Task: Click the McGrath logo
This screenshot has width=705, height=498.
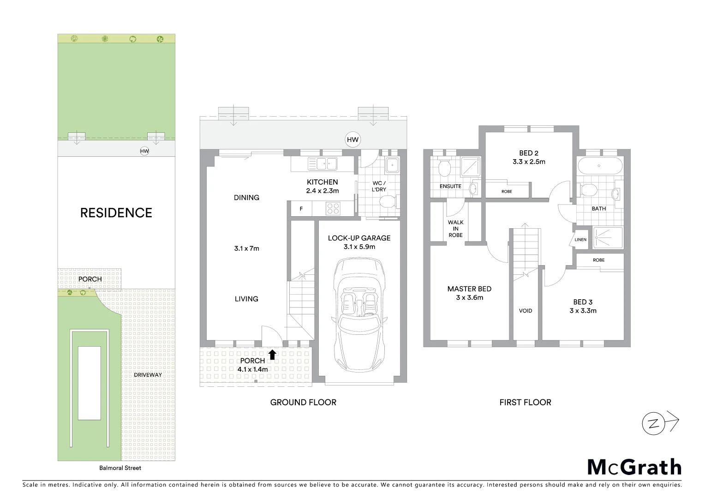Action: coord(634,467)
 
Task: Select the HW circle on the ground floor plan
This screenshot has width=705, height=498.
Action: coord(352,140)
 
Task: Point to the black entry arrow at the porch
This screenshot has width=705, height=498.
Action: coord(272,355)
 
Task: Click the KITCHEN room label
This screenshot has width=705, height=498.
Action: coord(322,182)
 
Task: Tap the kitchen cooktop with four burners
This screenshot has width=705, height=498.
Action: coord(333,208)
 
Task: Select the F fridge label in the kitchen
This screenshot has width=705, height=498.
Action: coord(301,209)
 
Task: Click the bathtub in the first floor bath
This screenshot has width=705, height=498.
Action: coord(599,166)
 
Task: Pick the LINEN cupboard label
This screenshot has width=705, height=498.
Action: coord(580,240)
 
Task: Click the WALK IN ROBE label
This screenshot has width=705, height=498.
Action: coord(455,229)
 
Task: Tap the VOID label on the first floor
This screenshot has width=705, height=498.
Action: coord(526,311)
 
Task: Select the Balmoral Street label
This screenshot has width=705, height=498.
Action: coord(120,468)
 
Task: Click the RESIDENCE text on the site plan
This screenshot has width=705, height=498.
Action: coord(116,213)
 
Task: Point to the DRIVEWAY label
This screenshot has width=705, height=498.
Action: coord(148,375)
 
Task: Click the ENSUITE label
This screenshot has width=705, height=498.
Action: coord(450,186)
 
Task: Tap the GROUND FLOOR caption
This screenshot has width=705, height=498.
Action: coord(303,403)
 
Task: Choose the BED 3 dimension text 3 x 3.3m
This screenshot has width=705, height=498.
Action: coord(583,311)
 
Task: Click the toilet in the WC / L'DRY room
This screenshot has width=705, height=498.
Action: coord(387,202)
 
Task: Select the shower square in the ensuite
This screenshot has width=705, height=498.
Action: coord(470,167)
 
